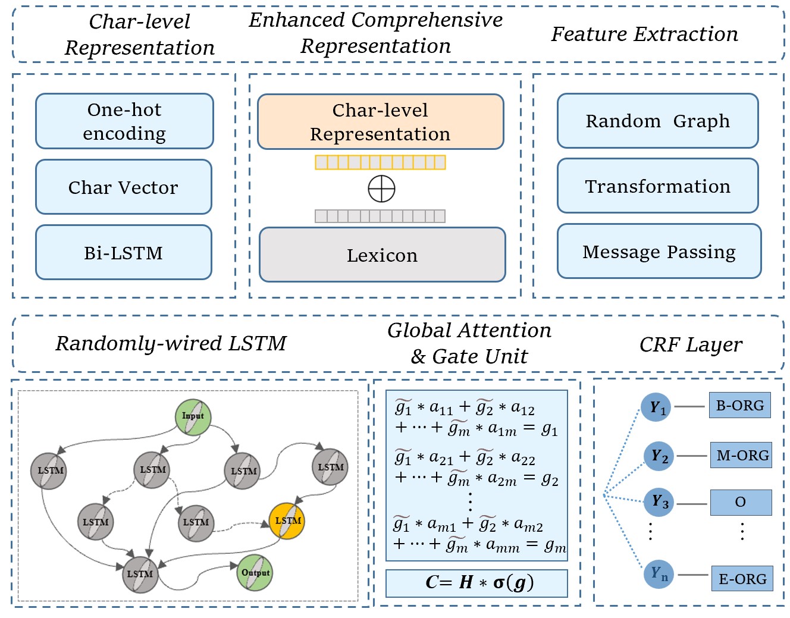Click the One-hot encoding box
(x=124, y=121)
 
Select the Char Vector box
(x=124, y=187)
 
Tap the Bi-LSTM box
(x=124, y=253)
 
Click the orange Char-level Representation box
(x=380, y=122)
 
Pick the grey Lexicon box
(x=382, y=255)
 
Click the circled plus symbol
(x=381, y=189)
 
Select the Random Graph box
(x=657, y=121)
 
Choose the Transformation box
(x=657, y=186)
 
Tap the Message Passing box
(x=659, y=252)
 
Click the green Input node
(x=193, y=416)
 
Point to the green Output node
(x=255, y=573)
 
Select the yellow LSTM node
(x=287, y=521)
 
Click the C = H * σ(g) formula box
(x=476, y=583)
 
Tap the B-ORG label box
(x=739, y=406)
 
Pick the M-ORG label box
(x=742, y=456)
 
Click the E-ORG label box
(x=742, y=579)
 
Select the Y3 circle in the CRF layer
(x=659, y=502)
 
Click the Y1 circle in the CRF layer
(x=657, y=407)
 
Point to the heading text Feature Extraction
(x=644, y=34)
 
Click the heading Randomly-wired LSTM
(x=171, y=344)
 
